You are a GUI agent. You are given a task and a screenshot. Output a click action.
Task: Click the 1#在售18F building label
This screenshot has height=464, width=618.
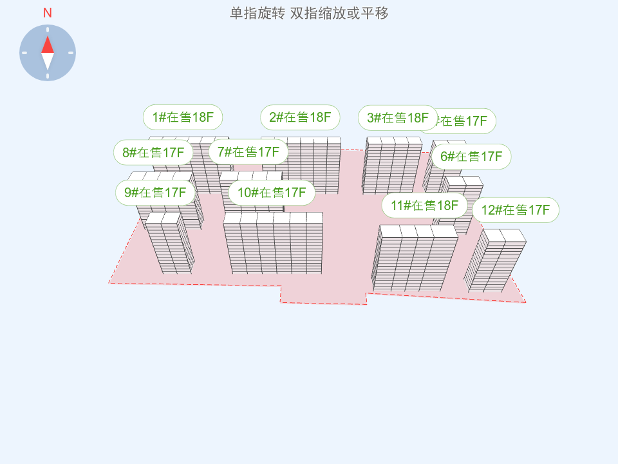tap(183, 117)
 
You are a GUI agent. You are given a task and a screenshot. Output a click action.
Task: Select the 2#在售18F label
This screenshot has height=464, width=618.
tap(300, 117)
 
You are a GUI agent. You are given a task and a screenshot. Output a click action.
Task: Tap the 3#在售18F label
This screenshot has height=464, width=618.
tap(397, 118)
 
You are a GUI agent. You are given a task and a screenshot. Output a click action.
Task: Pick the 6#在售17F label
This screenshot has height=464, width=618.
tap(471, 157)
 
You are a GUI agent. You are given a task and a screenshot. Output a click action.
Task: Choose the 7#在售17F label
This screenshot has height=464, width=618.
tap(248, 152)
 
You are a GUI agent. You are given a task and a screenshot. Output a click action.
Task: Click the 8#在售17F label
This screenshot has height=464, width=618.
tap(153, 153)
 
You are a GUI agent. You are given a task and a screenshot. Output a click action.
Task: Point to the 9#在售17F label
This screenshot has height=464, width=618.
tap(155, 193)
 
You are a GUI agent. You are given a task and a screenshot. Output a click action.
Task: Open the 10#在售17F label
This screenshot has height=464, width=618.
tap(272, 193)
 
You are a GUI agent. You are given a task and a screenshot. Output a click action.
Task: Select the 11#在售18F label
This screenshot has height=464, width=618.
tap(424, 206)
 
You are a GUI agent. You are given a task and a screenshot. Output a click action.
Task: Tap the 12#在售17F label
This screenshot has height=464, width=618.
tap(515, 210)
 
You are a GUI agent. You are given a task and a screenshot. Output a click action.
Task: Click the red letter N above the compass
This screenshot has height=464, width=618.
tap(48, 13)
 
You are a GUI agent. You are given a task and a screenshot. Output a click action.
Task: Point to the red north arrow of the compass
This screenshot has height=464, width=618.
tap(48, 44)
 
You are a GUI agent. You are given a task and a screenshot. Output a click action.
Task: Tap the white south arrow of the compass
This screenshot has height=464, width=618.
tap(48, 61)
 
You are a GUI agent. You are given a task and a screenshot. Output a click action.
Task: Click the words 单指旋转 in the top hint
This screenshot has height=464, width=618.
tap(257, 14)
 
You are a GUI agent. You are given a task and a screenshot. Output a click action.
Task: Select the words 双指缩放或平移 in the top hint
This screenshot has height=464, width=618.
tap(339, 14)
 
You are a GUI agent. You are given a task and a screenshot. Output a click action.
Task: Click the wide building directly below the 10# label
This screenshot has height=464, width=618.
tap(273, 245)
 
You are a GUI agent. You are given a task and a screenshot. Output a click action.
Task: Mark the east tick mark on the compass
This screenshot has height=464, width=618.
tap(71, 53)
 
